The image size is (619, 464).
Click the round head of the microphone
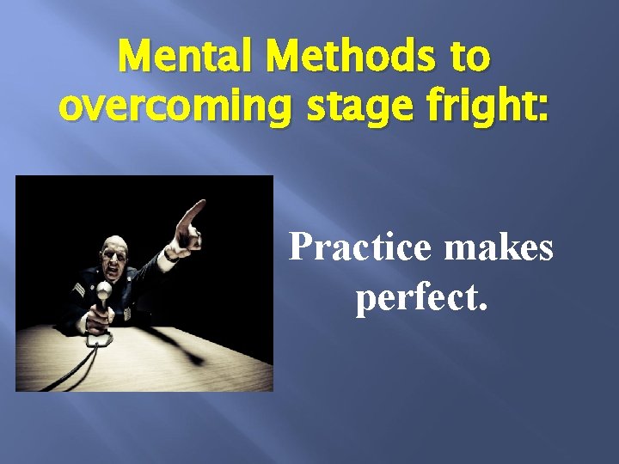click(104, 290)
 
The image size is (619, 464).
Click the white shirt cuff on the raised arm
click(178, 254)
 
